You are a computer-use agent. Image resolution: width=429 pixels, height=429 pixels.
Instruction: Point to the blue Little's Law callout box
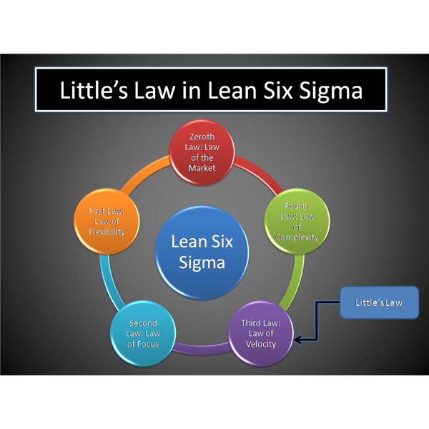(x=379, y=302)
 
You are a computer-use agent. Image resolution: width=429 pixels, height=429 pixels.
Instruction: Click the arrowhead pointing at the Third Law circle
(x=297, y=341)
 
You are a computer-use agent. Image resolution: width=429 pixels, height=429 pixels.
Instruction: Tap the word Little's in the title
(x=92, y=91)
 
